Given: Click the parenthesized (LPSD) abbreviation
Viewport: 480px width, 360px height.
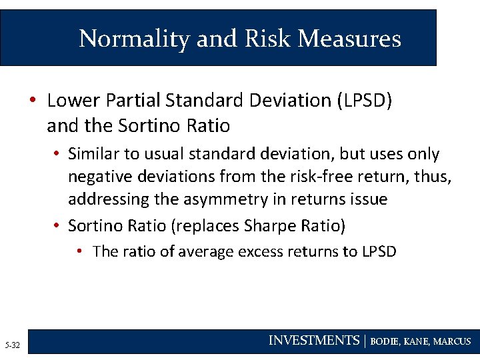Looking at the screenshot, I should pos(365,101).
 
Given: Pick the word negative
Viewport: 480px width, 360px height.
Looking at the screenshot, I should pos(101,177).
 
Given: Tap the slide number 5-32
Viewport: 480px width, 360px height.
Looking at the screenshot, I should pos(12,345).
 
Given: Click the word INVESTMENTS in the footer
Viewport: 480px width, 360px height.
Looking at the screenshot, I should pos(313,341).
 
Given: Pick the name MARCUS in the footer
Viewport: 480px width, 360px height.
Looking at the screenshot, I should pos(452,341).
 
